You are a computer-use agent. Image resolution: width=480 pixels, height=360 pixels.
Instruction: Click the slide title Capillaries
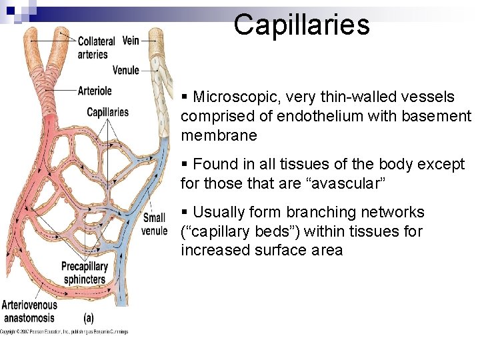(x=301, y=25)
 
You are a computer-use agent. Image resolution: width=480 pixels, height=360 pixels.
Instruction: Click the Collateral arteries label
(x=96, y=47)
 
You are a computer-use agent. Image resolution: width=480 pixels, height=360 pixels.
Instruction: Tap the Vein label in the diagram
(x=131, y=41)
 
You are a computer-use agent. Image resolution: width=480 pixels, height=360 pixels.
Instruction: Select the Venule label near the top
(x=126, y=70)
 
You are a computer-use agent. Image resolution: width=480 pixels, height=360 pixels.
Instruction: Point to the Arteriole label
(x=95, y=91)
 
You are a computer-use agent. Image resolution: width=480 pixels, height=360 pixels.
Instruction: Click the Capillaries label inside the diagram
(x=107, y=112)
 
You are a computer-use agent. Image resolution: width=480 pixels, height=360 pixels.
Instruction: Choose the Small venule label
(x=154, y=224)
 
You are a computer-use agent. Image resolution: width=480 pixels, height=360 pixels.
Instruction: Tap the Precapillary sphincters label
(x=85, y=273)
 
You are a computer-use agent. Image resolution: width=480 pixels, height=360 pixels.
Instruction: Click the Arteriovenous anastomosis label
(x=29, y=311)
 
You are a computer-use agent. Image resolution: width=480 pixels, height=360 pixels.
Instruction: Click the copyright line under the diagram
(x=63, y=331)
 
